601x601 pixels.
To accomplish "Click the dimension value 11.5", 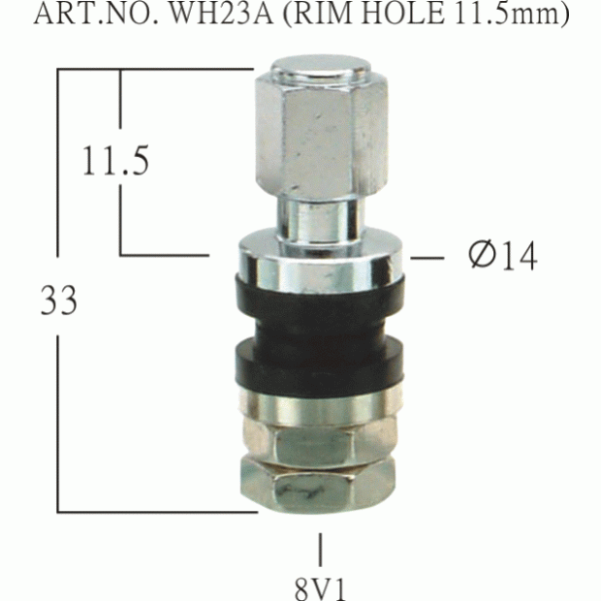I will point(114,160).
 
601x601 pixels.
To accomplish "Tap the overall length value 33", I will point(58,301).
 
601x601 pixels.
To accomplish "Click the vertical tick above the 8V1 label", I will point(321,549).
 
